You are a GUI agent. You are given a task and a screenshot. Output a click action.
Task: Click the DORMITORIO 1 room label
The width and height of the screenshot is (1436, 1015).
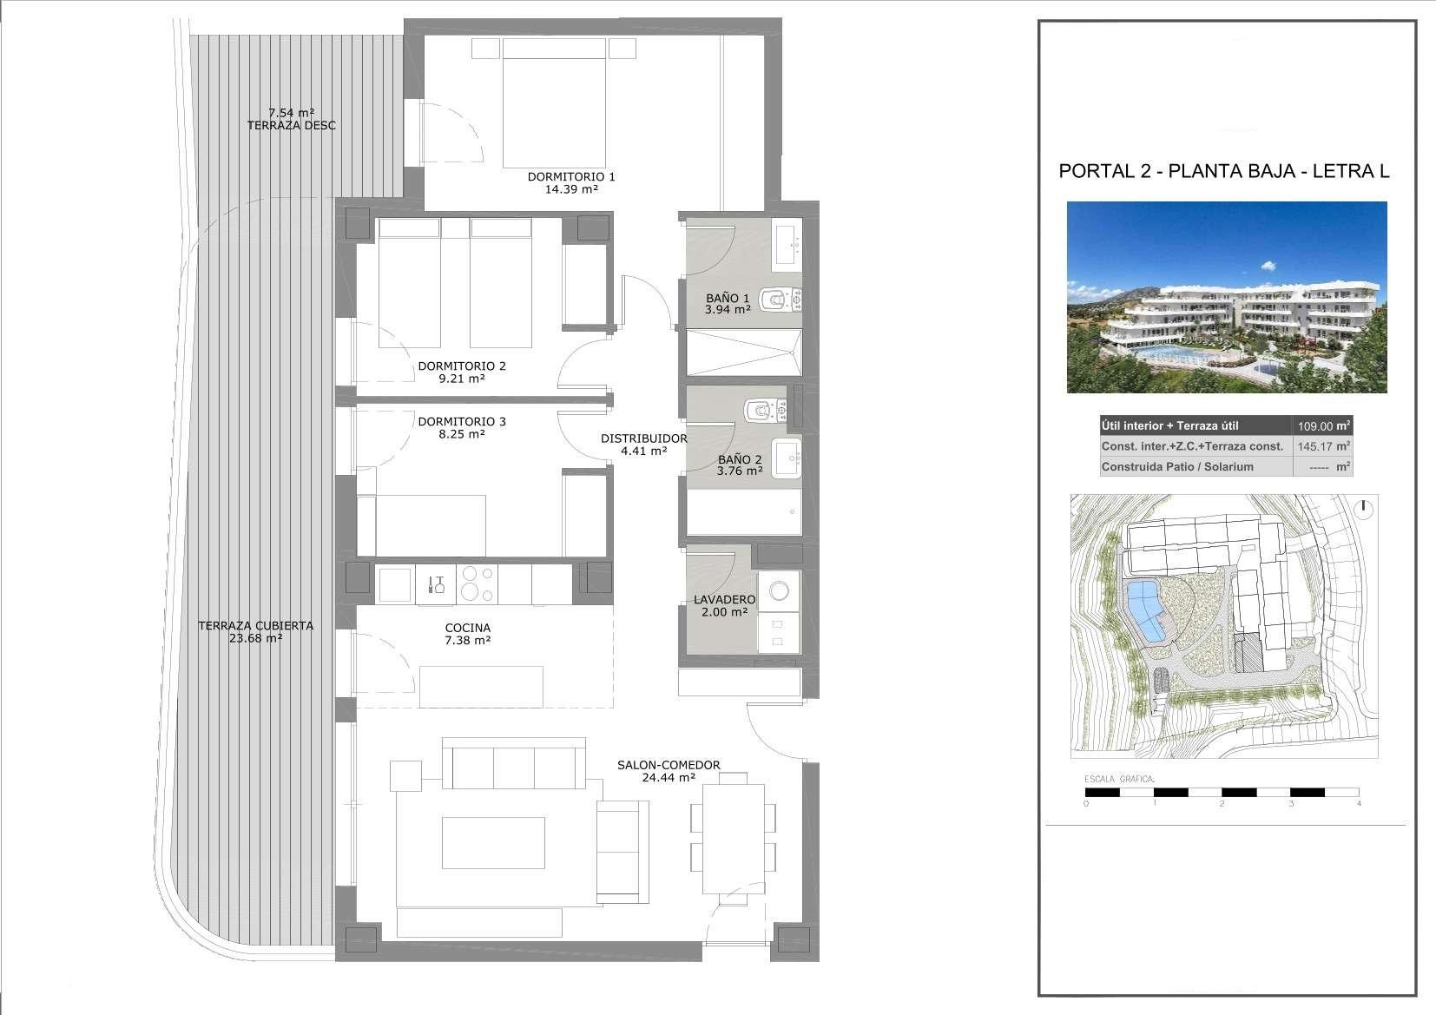pyautogui.click(x=571, y=176)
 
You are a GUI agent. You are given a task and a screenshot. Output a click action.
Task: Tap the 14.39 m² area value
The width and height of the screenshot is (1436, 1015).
pyautogui.click(x=571, y=189)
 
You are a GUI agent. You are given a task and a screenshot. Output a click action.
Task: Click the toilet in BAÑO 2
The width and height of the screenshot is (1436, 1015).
pyautogui.click(x=767, y=411)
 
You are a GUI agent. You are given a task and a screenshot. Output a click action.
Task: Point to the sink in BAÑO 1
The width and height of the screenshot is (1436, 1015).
pyautogui.click(x=787, y=244)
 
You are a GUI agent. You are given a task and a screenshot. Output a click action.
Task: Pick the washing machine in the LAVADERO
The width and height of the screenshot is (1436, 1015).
pyautogui.click(x=779, y=590)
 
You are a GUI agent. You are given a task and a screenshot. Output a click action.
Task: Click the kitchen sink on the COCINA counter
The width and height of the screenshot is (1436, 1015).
pyautogui.click(x=436, y=584)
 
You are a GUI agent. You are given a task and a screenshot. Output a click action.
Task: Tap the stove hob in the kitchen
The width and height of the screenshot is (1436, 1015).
pyautogui.click(x=477, y=584)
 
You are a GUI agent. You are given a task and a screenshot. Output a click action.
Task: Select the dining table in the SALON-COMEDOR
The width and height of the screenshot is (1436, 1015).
pyautogui.click(x=734, y=839)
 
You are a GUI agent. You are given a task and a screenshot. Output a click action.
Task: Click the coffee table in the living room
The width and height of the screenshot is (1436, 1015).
pyautogui.click(x=493, y=842)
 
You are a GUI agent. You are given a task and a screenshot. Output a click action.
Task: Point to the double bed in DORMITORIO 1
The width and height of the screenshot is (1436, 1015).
pyautogui.click(x=554, y=102)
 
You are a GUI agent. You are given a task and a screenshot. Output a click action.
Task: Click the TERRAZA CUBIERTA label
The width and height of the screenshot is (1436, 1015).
pyautogui.click(x=256, y=625)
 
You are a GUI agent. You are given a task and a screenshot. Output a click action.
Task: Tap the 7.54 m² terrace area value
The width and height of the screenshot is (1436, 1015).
pyautogui.click(x=291, y=113)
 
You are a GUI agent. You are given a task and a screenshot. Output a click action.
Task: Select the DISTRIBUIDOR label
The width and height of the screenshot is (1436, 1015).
pyautogui.click(x=643, y=438)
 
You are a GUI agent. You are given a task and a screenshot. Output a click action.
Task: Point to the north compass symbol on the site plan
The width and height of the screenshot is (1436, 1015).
pyautogui.click(x=1365, y=510)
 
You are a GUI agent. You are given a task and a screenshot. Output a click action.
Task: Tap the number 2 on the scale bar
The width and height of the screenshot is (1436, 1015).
pyautogui.click(x=1222, y=803)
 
